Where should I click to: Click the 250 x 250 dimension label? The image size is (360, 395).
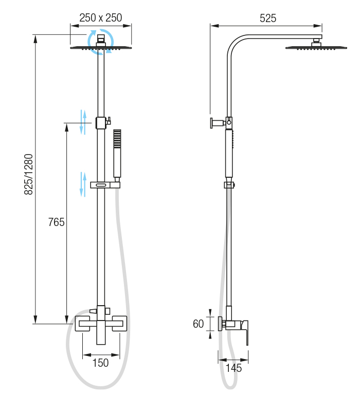click(100, 18)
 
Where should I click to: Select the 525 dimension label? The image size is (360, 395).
click(268, 18)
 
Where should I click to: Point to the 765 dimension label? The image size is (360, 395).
click(56, 222)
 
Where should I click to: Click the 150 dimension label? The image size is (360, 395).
click(100, 363)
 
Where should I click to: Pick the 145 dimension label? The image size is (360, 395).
click(233, 368)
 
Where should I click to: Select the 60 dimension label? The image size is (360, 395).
click(199, 324)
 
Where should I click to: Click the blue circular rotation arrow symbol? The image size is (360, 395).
click(100, 42)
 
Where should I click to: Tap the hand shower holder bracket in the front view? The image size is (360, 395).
click(105, 185)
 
